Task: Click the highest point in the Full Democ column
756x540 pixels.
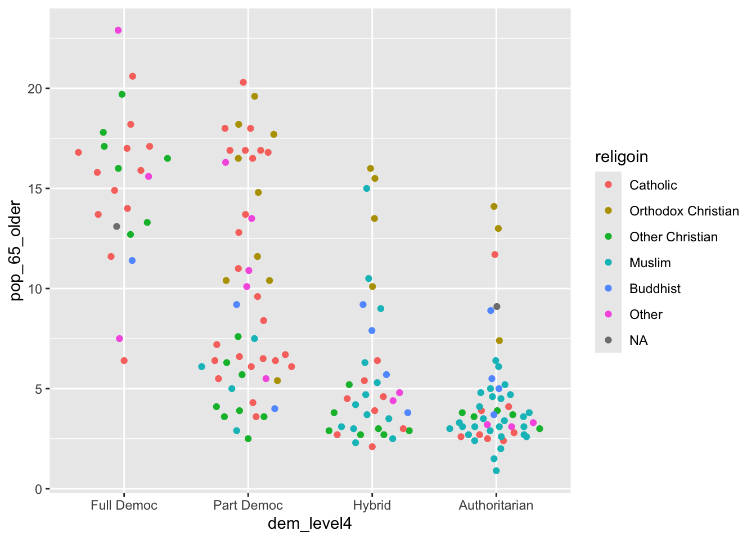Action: point(118,30)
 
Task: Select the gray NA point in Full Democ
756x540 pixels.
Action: point(116,227)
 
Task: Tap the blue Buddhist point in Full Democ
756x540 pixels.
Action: point(132,260)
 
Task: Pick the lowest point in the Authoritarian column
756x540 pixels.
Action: point(496,471)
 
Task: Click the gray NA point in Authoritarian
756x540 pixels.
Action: point(497,307)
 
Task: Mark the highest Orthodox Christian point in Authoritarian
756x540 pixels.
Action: point(494,206)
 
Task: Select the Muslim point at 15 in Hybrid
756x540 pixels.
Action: point(367,188)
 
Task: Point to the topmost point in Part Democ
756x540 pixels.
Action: point(244,82)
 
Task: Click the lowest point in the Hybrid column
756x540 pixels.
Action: point(372,447)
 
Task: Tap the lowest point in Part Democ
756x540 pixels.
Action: point(248,439)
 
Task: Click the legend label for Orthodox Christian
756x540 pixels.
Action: point(684,211)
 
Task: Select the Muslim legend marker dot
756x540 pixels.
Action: point(608,263)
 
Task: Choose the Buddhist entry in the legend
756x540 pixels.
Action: point(655,289)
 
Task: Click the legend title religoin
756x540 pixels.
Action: point(622,157)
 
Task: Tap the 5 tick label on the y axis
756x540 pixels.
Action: point(39,389)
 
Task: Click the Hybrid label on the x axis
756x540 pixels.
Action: point(372,505)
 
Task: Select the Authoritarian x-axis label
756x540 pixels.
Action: point(496,505)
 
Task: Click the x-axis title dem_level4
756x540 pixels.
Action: point(309,524)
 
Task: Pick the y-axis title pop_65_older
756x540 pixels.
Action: point(16,251)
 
